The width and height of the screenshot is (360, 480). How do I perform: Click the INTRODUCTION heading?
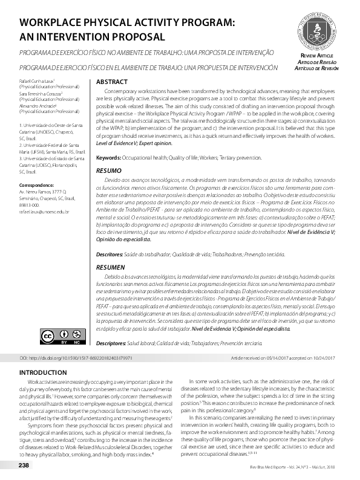tap(44, 372)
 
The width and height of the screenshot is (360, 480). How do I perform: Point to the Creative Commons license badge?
tap(53, 336)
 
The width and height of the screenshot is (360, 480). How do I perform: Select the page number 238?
tap(24, 465)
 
